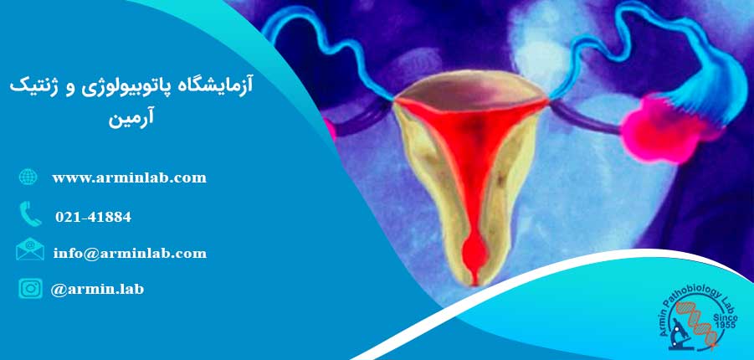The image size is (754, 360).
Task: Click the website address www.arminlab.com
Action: [x=130, y=178]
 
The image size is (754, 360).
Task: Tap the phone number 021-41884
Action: [x=93, y=217]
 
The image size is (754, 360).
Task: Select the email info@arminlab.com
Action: [x=130, y=253]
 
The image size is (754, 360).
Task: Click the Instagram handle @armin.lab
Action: [x=97, y=289]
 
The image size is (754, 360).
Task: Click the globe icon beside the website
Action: [x=28, y=177]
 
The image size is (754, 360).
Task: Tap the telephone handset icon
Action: [x=30, y=213]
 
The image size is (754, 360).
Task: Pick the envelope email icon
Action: [x=30, y=249]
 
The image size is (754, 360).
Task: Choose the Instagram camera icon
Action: [x=30, y=288]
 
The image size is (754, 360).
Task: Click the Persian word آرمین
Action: [x=131, y=120]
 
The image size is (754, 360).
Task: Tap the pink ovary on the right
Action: [x=659, y=128]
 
